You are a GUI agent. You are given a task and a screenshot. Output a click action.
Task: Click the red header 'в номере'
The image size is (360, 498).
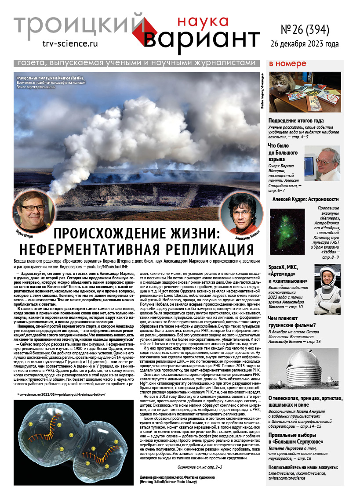coord(287,64)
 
